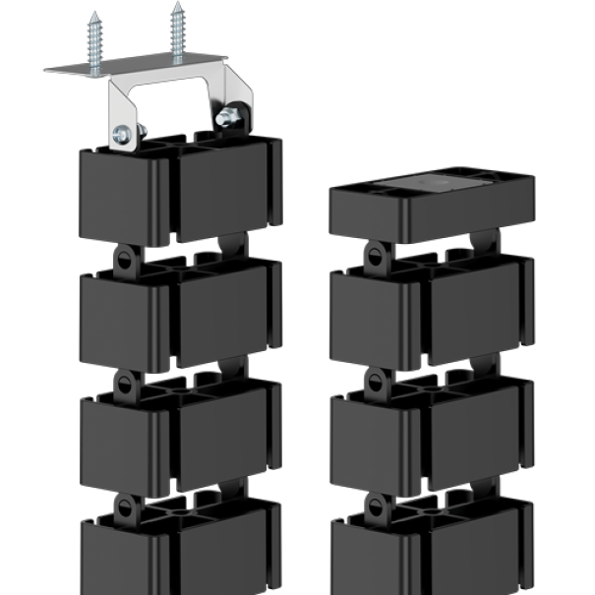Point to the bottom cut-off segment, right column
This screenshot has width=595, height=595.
(x=430, y=556)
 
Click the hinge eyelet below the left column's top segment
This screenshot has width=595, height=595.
(x=125, y=260)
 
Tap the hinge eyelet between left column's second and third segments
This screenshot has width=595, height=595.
(x=125, y=383)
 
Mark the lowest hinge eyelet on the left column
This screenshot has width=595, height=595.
(x=125, y=506)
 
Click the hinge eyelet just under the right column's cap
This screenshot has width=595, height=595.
(x=375, y=257)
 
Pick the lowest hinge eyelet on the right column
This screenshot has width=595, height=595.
(x=375, y=506)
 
